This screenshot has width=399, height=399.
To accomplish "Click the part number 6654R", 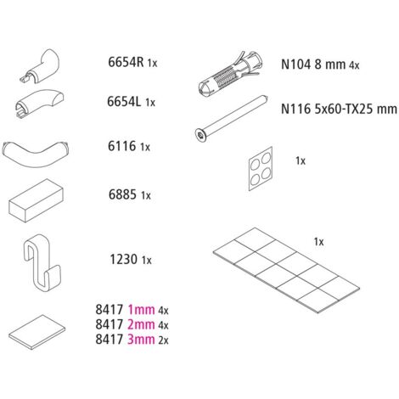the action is pyautogui.click(x=126, y=62).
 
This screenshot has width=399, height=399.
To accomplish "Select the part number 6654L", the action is pyautogui.click(x=124, y=102).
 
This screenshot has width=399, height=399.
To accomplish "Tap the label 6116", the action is pyautogui.click(x=122, y=146).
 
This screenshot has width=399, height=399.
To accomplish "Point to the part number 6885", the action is pyautogui.click(x=122, y=194).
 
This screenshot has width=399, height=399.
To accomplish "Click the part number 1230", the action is pyautogui.click(x=124, y=259).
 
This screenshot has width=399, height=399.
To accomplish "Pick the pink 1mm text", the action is pyautogui.click(x=141, y=310).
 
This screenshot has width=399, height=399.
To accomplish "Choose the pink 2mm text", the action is pyautogui.click(x=141, y=324).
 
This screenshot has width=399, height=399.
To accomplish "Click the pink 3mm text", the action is pyautogui.click(x=141, y=339).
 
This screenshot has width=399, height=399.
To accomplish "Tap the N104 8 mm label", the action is pyautogui.click(x=313, y=65).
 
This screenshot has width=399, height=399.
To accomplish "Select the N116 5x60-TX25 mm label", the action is pyautogui.click(x=339, y=109).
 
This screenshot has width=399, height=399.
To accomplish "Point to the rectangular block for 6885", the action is pyautogui.click(x=36, y=200).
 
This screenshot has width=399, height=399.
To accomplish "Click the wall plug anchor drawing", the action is pyautogui.click(x=231, y=74).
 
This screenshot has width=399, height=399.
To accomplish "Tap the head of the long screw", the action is pyautogui.click(x=200, y=134).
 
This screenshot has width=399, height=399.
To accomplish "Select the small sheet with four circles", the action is pyautogui.click(x=261, y=169).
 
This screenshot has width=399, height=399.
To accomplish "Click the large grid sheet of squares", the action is pyautogui.click(x=286, y=270).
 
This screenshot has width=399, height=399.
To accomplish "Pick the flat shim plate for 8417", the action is pyautogui.click(x=37, y=332).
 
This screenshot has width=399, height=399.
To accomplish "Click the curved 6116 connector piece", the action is pyautogui.click(x=36, y=155).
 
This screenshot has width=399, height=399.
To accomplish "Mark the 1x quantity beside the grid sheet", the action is pyautogui.click(x=318, y=242).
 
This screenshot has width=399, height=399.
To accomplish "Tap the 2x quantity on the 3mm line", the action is pyautogui.click(x=163, y=340).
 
